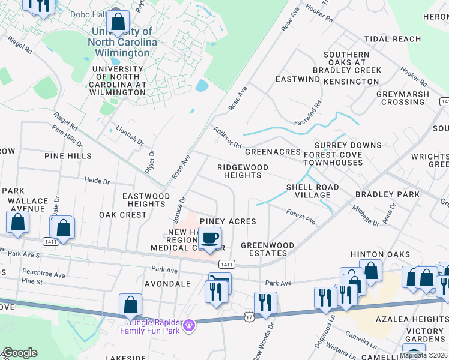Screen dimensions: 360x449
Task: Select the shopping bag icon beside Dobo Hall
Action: [x=119, y=22]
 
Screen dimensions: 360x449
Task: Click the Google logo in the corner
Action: [x=19, y=353]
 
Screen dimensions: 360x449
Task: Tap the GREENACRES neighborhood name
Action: [x=273, y=152]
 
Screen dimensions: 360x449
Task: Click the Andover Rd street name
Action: [x=227, y=137]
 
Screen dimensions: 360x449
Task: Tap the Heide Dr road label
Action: [x=97, y=181]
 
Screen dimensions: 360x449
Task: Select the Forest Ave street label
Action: [x=301, y=217]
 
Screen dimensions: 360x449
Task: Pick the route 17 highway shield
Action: [x=249, y=316]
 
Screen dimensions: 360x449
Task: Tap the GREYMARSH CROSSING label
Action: [x=403, y=98]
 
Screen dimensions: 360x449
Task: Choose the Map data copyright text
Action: [x=424, y=355]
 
